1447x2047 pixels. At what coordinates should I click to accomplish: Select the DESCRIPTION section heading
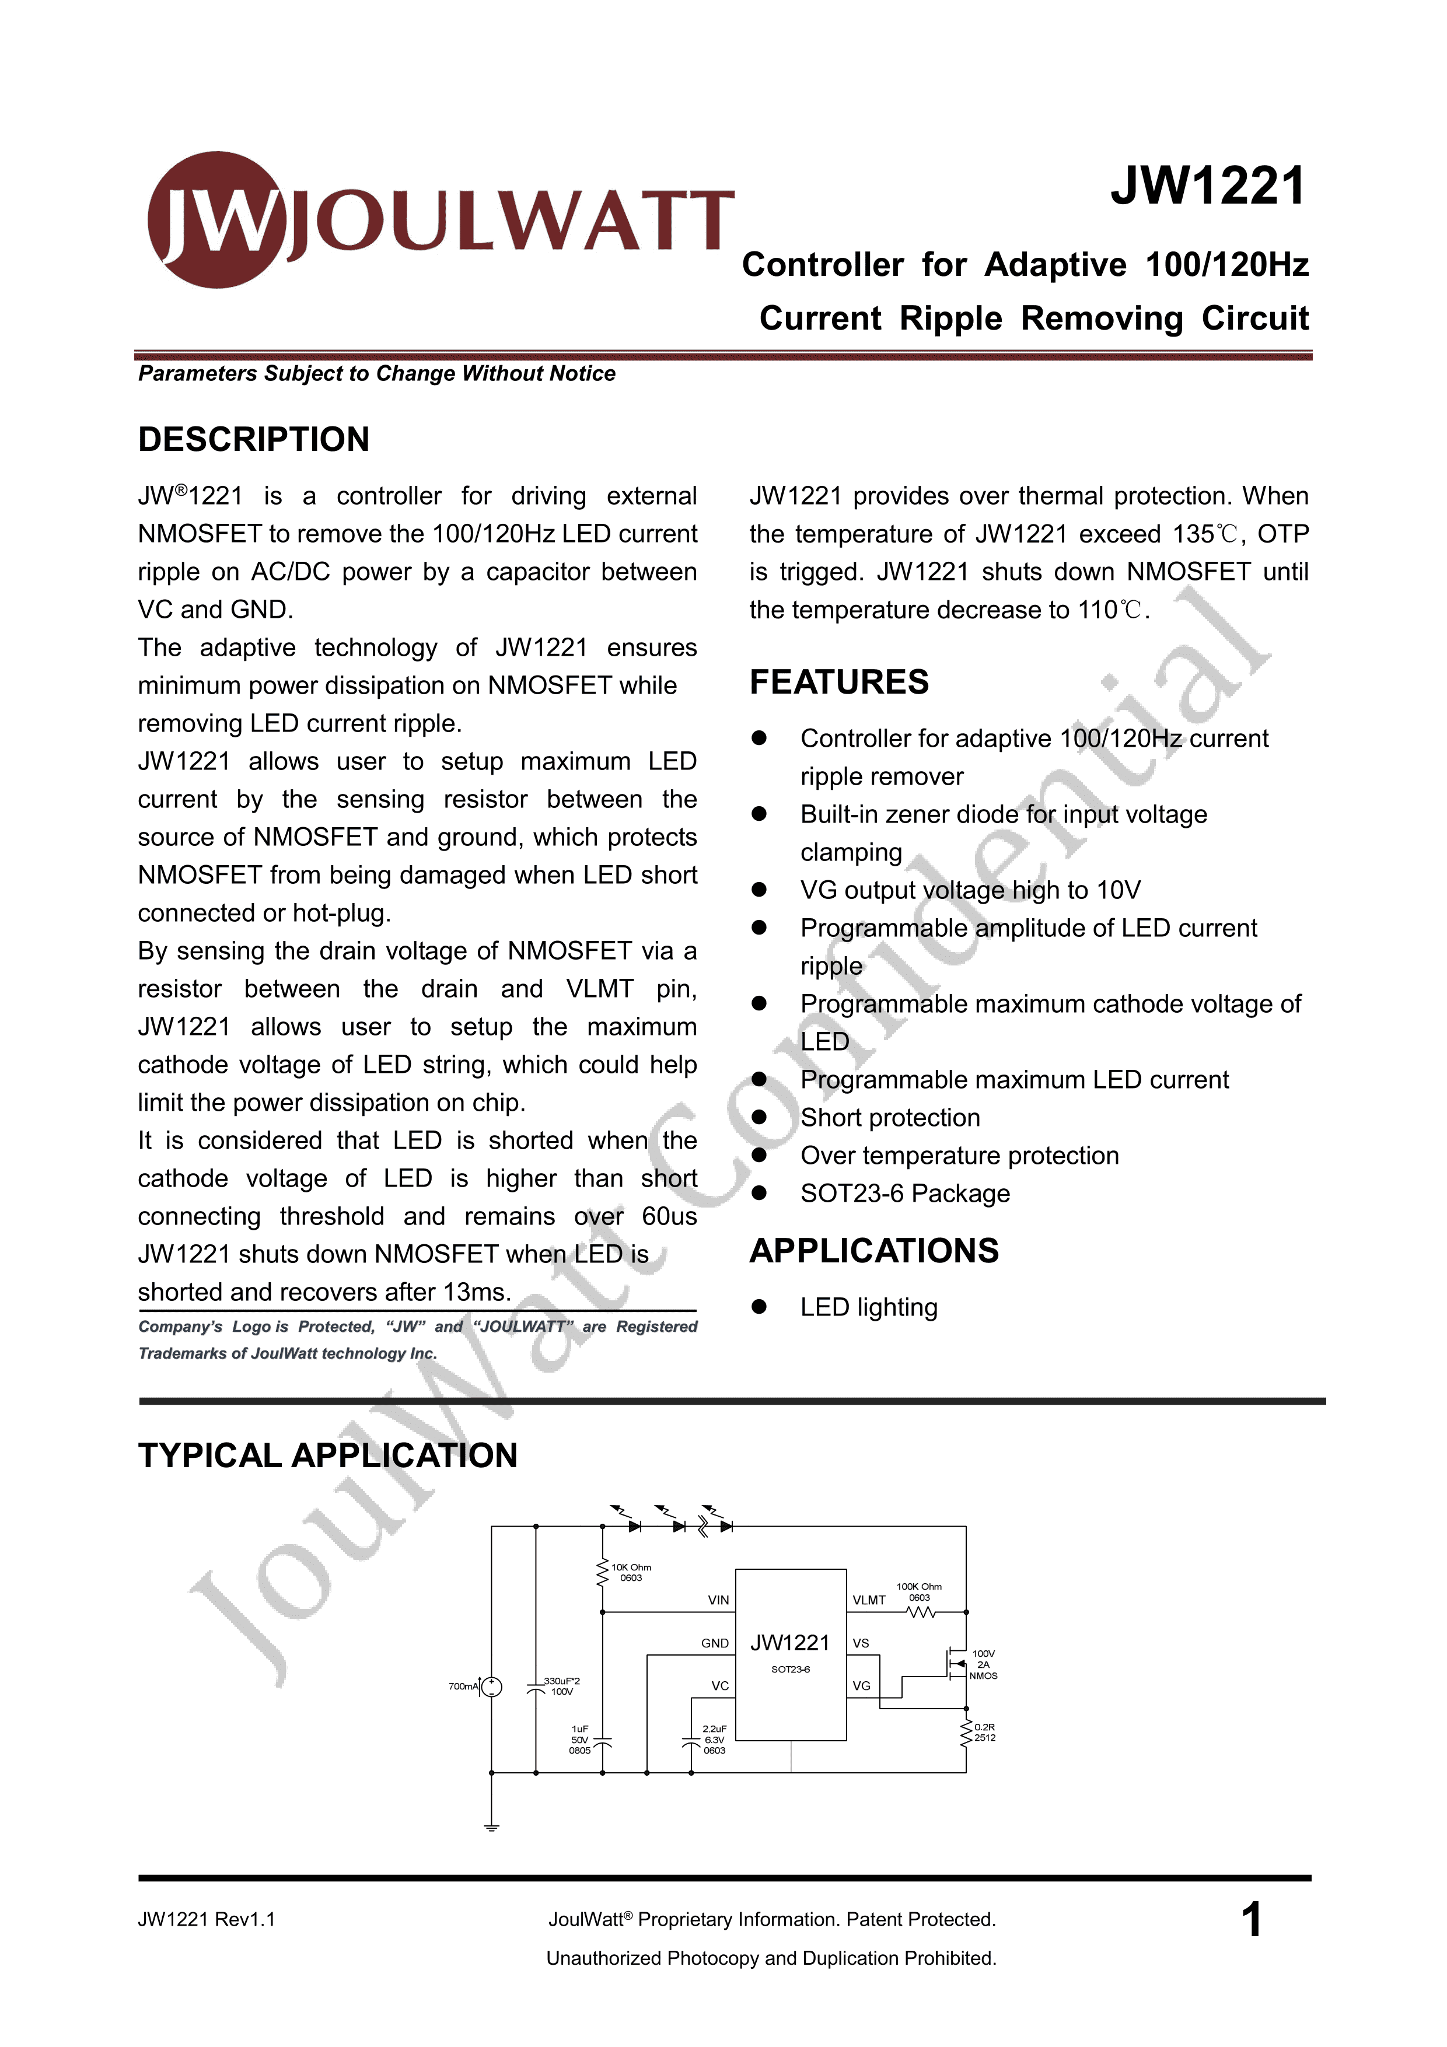pos(253,439)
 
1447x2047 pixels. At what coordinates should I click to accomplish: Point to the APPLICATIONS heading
pos(873,1251)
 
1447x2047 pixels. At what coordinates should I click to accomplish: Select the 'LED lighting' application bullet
pos(868,1308)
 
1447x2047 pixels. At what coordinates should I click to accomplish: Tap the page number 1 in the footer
pos(1251,1919)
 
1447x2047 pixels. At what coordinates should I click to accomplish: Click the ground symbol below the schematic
pos(491,1827)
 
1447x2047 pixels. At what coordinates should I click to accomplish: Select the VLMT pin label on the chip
pos(868,1600)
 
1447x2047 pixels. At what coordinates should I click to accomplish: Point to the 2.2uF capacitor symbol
pos(691,1740)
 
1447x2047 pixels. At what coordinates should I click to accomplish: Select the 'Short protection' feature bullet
pos(890,1118)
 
